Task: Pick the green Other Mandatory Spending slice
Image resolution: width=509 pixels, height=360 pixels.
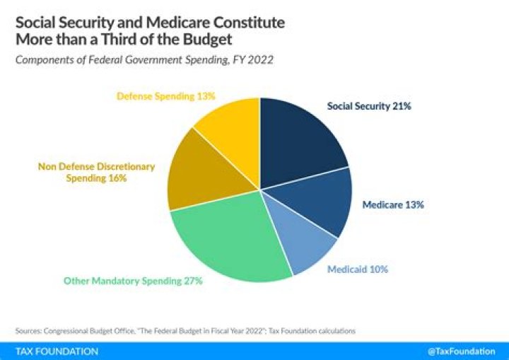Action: click(x=226, y=240)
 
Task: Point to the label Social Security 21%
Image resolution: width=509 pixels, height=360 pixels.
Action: click(x=368, y=106)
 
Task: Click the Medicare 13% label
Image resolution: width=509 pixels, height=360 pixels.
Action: click(x=392, y=205)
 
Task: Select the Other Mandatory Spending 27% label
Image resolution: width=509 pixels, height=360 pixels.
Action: click(x=133, y=281)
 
